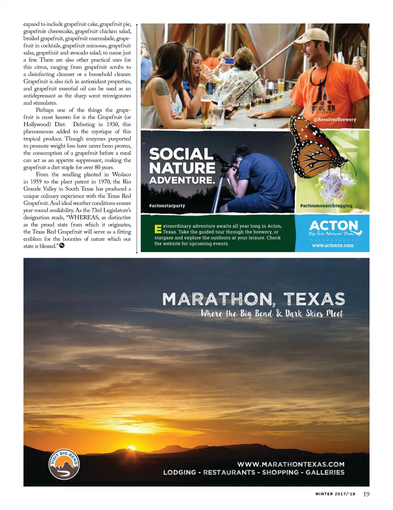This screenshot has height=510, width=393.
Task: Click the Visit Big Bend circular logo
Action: tap(64, 464)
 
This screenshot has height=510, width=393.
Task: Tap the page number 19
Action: tap(366, 494)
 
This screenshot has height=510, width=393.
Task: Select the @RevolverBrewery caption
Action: tap(335, 119)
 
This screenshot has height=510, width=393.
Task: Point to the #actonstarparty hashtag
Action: tap(167, 206)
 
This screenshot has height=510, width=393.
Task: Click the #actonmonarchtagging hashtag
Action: tap(326, 206)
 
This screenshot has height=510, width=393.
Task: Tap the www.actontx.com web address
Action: tap(333, 245)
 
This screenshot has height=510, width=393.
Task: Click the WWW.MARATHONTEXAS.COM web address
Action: tap(291, 464)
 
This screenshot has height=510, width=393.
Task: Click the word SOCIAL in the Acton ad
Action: tap(181, 154)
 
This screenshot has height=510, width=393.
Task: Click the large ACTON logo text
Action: tap(333, 226)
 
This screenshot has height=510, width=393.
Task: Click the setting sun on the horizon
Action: tap(131, 447)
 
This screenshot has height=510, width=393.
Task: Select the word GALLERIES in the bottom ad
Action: tap(325, 472)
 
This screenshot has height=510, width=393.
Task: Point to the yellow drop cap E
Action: tap(158, 229)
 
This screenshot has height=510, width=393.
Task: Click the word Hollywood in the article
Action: tap(38, 124)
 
